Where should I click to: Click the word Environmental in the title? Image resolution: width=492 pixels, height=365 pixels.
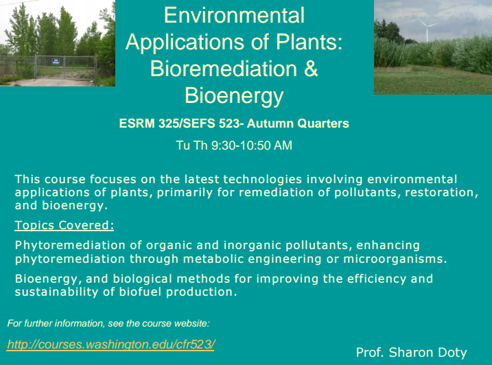click(234, 15)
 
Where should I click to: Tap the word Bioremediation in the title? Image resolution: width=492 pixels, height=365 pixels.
click(224, 69)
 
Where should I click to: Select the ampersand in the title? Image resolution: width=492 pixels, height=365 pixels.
click(311, 69)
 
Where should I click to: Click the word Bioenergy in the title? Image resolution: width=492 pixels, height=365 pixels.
click(234, 96)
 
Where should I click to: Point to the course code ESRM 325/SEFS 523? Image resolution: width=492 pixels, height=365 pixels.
click(180, 123)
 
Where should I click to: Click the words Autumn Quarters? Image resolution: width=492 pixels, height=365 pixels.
click(298, 123)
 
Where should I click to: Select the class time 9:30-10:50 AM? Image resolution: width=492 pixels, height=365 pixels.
click(252, 145)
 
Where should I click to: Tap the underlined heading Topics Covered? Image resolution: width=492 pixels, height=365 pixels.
click(65, 225)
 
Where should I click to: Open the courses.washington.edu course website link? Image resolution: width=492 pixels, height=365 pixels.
click(110, 344)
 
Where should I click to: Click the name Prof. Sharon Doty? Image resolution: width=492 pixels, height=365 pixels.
click(411, 353)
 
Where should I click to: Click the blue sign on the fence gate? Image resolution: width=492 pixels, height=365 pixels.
click(56, 61)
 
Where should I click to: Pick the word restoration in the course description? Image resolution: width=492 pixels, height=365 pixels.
click(441, 192)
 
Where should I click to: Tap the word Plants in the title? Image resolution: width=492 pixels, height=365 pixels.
click(309, 42)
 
